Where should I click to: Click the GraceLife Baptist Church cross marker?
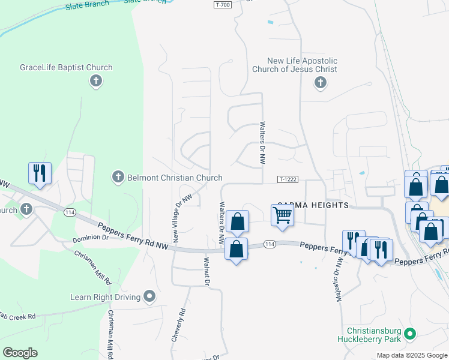pyautogui.click(x=95, y=81)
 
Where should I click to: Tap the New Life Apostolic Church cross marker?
pyautogui.click(x=320, y=82)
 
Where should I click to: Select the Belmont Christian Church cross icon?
pyautogui.click(x=118, y=177)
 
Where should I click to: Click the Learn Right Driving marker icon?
pyautogui.click(x=149, y=296)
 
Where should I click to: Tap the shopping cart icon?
pyautogui.click(x=282, y=215)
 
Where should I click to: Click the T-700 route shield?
pyautogui.click(x=222, y=5)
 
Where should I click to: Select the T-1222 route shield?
pyautogui.click(x=288, y=179)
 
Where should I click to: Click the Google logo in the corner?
pyautogui.click(x=20, y=353)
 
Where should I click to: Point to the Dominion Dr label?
pyautogui.click(x=91, y=238)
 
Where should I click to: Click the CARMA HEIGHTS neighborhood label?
pyautogui.click(x=312, y=205)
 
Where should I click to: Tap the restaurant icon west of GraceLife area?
pyautogui.click(x=40, y=173)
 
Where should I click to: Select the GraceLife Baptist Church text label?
pyautogui.click(x=66, y=68)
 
